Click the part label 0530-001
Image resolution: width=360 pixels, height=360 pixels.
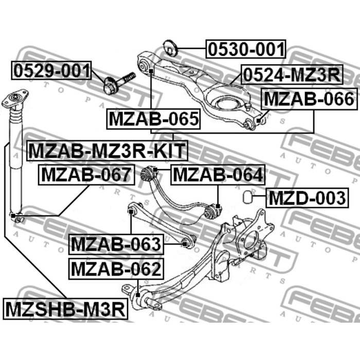tap(246, 49)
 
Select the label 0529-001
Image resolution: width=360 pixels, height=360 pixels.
tap(51, 70)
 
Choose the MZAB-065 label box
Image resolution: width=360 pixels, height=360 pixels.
tap(153, 119)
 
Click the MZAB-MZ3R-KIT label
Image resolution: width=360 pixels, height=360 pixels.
tap(107, 151)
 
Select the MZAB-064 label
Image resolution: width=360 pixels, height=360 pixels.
tap(218, 175)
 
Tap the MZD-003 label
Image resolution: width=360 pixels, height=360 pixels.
tap(307, 197)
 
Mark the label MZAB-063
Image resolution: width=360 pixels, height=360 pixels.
tap(116, 244)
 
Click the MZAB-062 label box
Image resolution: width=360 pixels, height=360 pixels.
tap(116, 268)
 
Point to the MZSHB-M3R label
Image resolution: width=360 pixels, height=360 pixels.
tap(65, 310)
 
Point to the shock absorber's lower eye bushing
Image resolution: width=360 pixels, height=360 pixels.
tap(17, 217)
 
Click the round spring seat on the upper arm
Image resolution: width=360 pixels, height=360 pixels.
tap(226, 103)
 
